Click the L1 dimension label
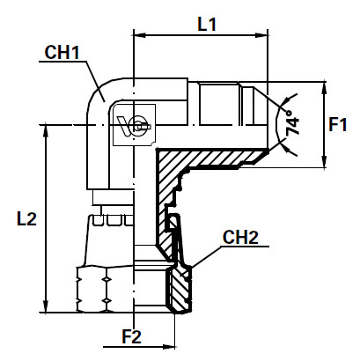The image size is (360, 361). point(208,26)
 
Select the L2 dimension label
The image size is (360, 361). point(26,219)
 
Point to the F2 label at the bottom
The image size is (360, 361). point(131,335)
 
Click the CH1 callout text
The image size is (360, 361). point(62,54)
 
